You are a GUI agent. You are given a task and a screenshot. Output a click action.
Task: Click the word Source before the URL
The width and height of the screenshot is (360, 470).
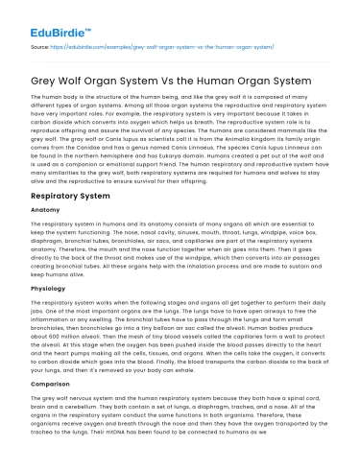tap(40, 44)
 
